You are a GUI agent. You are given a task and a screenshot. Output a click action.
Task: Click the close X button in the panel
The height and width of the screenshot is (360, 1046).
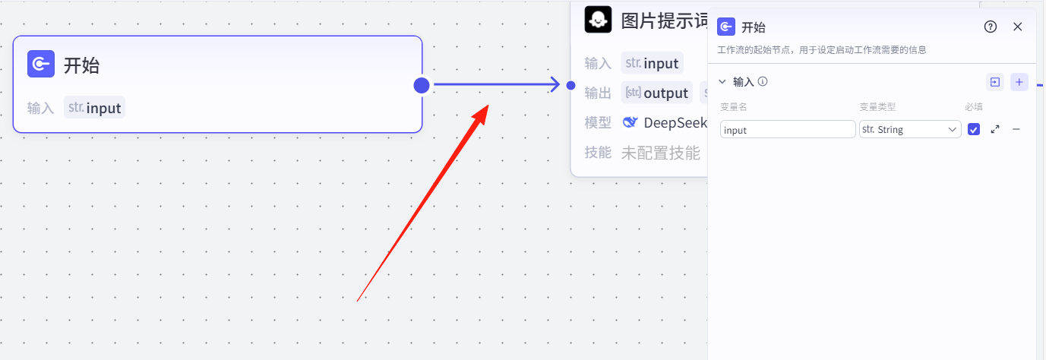pos(1018,27)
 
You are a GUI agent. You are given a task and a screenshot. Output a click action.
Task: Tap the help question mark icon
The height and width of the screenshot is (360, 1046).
pos(991,27)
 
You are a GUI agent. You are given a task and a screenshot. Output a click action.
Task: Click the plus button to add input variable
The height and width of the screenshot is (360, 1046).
pos(1019,82)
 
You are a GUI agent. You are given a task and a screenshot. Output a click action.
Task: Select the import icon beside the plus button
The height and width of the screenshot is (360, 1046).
pos(994,82)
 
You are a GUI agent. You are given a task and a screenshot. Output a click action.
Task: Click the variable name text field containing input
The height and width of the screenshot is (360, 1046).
pos(788,130)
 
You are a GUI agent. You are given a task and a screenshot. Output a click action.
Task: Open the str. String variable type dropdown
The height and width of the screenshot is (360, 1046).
pos(910,130)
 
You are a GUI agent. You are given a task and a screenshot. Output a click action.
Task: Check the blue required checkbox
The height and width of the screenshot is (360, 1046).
pos(974,130)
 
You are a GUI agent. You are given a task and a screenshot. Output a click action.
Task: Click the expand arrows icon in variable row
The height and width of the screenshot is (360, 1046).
pos(995,130)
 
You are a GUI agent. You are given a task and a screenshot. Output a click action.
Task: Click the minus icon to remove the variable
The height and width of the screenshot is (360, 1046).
pos(1016,130)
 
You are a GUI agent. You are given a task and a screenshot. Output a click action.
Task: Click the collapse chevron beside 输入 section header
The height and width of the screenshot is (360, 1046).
pos(722,81)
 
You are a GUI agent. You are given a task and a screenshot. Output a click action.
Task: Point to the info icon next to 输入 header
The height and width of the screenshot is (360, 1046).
pos(763,81)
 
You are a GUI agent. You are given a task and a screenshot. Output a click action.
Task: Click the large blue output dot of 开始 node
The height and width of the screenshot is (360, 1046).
pos(422,86)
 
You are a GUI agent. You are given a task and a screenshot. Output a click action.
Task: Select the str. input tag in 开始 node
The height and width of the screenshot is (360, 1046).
pos(95,108)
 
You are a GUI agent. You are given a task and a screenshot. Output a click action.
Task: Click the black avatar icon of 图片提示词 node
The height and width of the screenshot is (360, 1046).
pos(598,19)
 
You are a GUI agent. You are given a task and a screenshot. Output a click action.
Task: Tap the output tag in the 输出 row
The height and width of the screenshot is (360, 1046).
pos(657,93)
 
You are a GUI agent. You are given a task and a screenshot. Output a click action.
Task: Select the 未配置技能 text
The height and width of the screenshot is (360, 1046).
pos(661,153)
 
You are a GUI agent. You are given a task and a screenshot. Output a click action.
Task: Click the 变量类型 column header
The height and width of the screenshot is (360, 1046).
pos(877,107)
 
